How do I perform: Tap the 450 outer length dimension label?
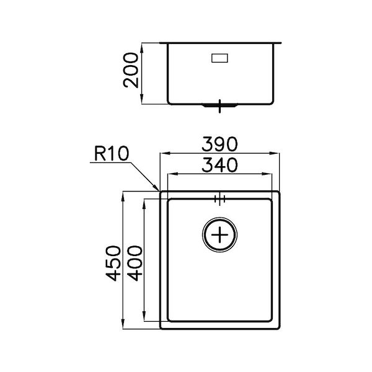[x=112, y=263]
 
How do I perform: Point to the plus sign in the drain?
[x=220, y=236]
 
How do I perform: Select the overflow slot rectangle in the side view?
[x=219, y=58]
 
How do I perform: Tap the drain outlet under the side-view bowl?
[x=219, y=107]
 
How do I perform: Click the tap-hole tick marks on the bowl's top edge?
[x=219, y=198]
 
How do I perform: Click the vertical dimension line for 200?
[x=144, y=73]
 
